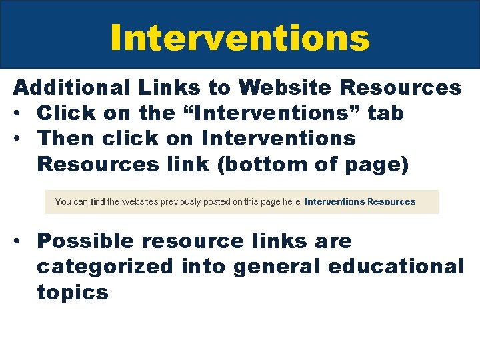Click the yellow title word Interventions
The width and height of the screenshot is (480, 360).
coord(240,37)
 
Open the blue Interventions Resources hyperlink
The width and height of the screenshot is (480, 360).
coord(360,201)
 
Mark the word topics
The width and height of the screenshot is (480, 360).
coord(72,292)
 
